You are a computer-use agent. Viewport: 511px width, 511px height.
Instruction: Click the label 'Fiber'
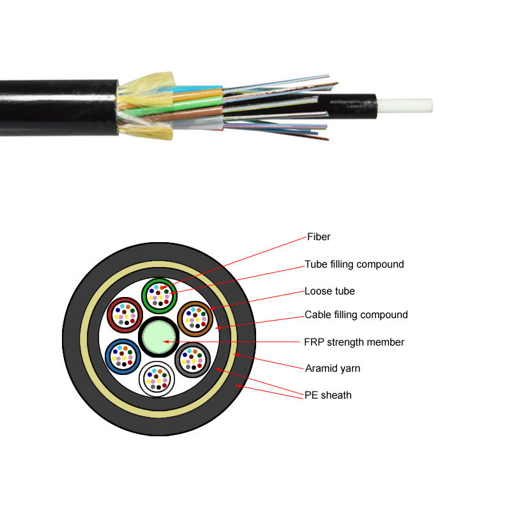click(317, 237)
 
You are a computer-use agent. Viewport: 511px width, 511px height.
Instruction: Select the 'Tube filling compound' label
click(354, 264)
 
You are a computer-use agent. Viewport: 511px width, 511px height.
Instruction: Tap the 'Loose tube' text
click(330, 291)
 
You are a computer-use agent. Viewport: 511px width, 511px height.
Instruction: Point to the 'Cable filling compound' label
click(356, 315)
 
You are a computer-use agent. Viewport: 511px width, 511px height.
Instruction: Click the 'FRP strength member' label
click(354, 342)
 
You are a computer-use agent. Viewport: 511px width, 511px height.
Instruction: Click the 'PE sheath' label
click(328, 395)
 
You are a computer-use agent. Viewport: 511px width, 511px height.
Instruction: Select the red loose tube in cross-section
click(124, 315)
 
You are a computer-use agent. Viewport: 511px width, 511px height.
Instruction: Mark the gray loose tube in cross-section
click(192, 360)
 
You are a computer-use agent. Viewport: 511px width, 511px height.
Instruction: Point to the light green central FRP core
click(158, 337)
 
